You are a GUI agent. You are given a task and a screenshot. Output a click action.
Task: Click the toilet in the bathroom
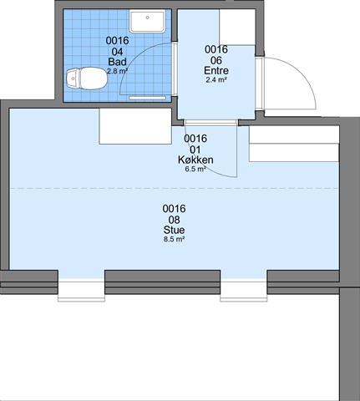click(87, 79)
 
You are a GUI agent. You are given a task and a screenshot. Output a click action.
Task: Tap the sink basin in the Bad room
click(147, 21)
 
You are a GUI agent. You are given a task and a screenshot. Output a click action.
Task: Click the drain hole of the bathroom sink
click(147, 18)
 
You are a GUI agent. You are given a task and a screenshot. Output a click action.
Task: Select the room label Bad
click(117, 62)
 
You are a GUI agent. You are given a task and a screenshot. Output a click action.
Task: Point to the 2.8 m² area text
click(117, 71)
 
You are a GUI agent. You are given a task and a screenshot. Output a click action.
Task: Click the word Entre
click(216, 70)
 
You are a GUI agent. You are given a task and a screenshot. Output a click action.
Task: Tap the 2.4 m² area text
click(216, 80)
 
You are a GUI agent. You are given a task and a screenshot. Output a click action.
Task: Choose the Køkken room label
click(195, 160)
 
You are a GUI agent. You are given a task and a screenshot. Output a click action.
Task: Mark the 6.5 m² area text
click(195, 169)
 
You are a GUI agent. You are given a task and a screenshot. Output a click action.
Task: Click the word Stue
click(175, 230)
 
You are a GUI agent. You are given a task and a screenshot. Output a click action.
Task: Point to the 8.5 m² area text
click(175, 239)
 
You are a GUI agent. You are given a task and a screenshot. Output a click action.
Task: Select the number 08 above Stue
click(175, 220)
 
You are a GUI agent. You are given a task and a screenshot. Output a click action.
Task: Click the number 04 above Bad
click(117, 52)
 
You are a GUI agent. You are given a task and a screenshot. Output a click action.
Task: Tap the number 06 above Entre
click(216, 60)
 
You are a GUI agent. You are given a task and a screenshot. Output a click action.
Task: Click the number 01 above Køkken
click(195, 150)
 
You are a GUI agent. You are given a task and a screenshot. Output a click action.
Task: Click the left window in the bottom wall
click(81, 290)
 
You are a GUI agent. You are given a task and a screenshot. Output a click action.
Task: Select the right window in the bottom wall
click(244, 290)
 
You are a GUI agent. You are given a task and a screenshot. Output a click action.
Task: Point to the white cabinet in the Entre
click(237, 27)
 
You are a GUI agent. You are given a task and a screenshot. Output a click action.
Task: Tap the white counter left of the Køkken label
click(135, 126)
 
